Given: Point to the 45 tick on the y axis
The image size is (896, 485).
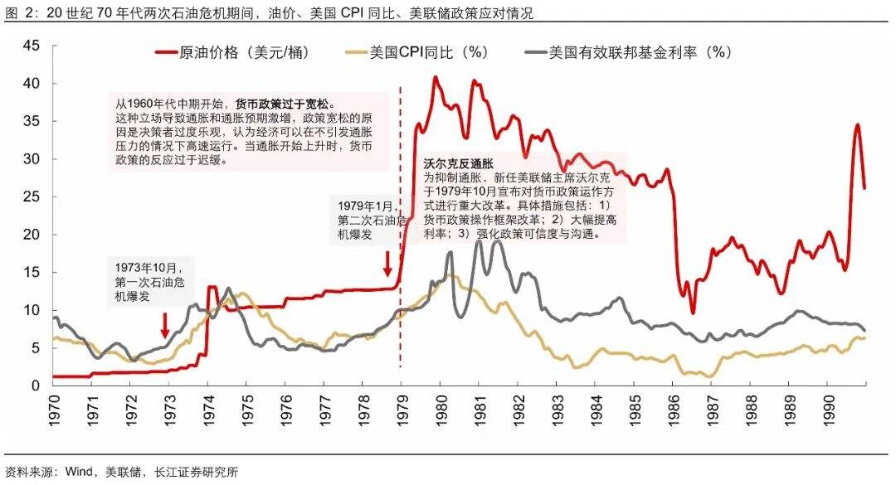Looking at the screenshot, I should [x=31, y=46].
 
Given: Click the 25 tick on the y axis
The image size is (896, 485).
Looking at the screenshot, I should [x=31, y=196].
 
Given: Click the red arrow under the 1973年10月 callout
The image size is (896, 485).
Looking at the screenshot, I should [x=165, y=324].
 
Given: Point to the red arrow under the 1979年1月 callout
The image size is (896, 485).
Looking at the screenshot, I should [x=387, y=264].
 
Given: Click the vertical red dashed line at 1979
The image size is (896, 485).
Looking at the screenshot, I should [x=401, y=315].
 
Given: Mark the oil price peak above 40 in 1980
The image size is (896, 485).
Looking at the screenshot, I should [x=435, y=77].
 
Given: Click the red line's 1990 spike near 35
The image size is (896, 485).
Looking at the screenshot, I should [x=857, y=125].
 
